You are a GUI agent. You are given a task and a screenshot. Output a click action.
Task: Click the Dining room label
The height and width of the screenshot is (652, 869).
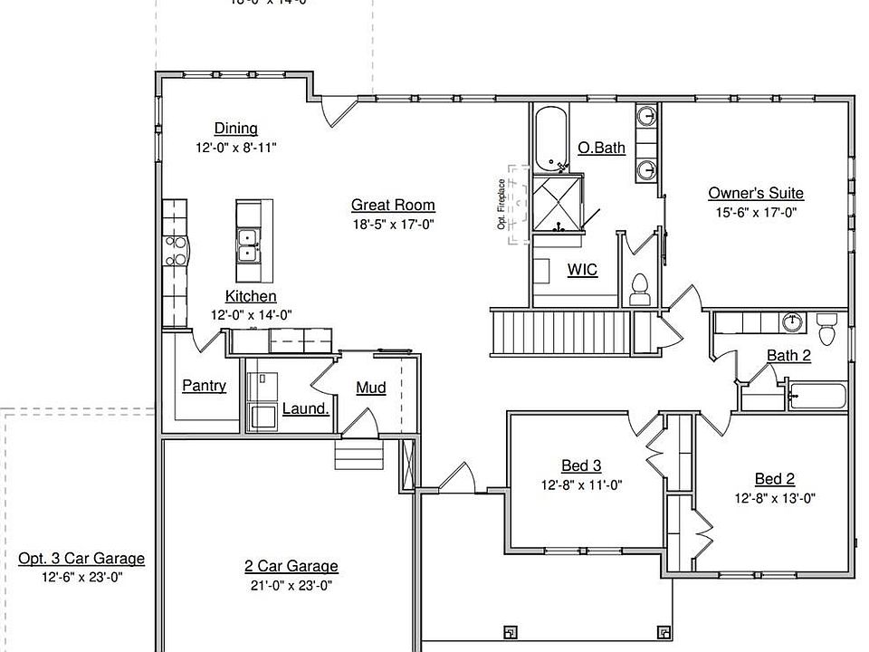pos(235,129)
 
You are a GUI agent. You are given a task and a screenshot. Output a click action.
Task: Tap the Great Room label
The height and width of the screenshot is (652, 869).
pos(393,206)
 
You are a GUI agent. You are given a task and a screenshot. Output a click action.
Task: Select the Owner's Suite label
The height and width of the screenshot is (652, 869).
pos(755,193)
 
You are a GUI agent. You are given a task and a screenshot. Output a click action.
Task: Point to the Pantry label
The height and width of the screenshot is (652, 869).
pos(204,386)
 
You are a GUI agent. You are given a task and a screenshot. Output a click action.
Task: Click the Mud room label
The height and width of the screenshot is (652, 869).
pos(370,388)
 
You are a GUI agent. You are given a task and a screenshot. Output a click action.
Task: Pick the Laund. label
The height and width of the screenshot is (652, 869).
pos(305,408)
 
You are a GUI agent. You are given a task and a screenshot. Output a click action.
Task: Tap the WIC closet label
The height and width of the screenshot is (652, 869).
pos(582,269)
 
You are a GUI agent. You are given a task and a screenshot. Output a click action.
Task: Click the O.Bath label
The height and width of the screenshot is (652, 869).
pos(601,148)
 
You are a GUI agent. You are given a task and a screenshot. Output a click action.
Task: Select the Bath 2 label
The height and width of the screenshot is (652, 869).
pos(788,355)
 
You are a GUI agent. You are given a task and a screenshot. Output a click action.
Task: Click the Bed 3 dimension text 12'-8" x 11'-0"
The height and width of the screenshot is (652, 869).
pos(581,484)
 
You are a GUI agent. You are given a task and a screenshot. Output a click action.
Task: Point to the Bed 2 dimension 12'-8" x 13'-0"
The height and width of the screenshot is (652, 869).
pos(775,497)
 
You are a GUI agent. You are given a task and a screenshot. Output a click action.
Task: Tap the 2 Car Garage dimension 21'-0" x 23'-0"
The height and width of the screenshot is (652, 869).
pos(291,585)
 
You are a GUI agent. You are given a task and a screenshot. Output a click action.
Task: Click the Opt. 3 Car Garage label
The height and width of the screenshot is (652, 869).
pos(81,559)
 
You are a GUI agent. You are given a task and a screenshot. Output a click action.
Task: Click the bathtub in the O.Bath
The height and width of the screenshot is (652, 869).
pos(550,139)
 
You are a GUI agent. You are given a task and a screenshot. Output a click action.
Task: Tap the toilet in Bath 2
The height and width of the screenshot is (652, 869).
pos(827,324)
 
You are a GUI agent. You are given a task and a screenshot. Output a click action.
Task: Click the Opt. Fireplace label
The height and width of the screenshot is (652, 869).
pos(501,204)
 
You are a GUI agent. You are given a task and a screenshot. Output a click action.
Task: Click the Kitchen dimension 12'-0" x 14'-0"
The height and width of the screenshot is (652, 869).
pos(251,315)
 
